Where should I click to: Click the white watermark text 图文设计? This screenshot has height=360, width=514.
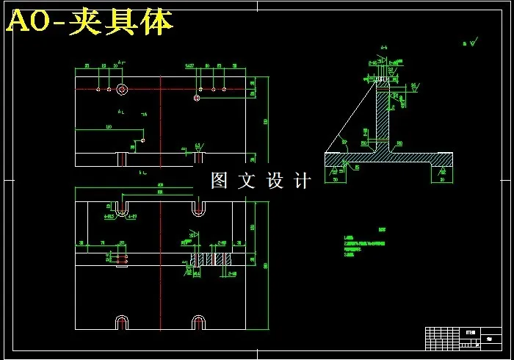click(x=261, y=180)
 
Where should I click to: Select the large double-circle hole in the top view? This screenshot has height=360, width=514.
click(x=122, y=90)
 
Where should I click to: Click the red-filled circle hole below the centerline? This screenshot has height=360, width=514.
click(x=197, y=98)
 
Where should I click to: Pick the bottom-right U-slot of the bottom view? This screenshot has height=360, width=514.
click(x=198, y=323)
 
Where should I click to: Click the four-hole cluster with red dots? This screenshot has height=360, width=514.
click(x=122, y=258)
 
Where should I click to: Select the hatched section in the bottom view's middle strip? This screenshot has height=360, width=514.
click(x=209, y=259)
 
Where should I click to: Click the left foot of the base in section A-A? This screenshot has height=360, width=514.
click(x=339, y=166)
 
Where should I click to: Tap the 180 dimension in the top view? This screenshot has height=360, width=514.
click(x=109, y=128)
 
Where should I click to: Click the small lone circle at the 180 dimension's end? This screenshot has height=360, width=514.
click(x=143, y=140)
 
